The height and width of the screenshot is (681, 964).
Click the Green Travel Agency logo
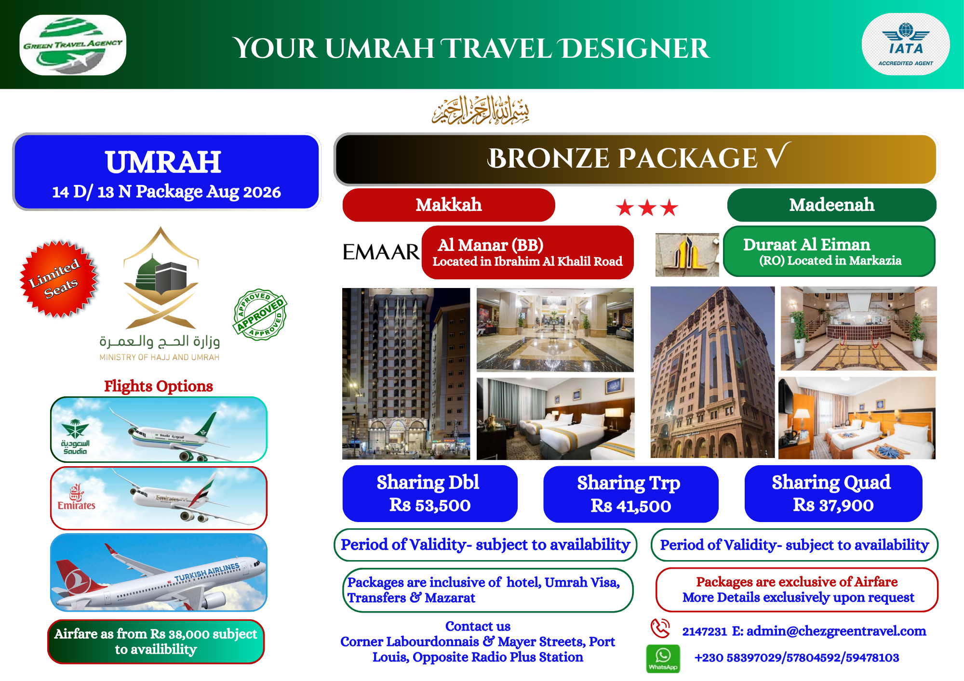(73, 45)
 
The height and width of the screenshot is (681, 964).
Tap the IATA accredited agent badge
(906, 44)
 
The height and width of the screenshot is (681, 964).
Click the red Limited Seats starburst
(59, 279)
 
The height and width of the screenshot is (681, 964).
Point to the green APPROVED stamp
(260, 315)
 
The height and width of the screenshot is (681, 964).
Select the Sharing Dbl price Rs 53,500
(430, 505)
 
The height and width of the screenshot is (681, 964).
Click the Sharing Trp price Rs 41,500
(631, 506)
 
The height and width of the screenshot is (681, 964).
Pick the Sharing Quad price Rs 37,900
(833, 505)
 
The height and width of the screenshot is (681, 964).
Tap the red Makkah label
(449, 205)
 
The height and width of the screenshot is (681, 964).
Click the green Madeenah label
(832, 205)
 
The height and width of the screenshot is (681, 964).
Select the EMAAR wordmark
(381, 252)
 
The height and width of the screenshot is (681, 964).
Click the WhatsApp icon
(663, 658)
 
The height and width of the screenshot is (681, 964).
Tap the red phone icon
(660, 629)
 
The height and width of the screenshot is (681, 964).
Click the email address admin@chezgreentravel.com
(836, 631)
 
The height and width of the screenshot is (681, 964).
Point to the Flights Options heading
(159, 386)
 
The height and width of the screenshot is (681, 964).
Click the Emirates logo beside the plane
(76, 498)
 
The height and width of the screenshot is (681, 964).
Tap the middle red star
(647, 208)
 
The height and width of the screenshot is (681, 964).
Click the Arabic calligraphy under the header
(481, 110)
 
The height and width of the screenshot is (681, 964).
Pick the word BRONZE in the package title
(549, 158)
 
